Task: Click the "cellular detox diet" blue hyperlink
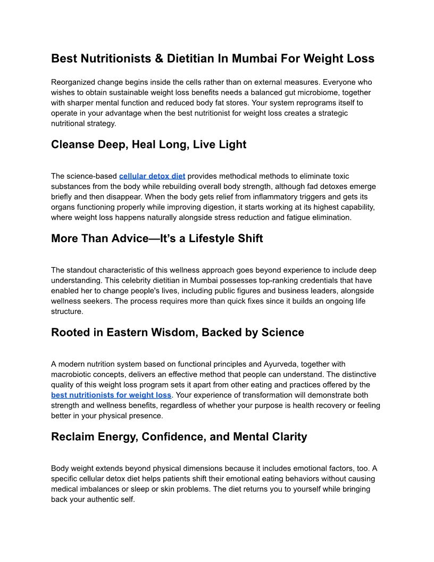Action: (152, 176)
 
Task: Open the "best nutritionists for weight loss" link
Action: (111, 395)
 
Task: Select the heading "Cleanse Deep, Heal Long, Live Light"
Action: (148, 145)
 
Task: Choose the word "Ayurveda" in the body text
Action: (280, 364)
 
